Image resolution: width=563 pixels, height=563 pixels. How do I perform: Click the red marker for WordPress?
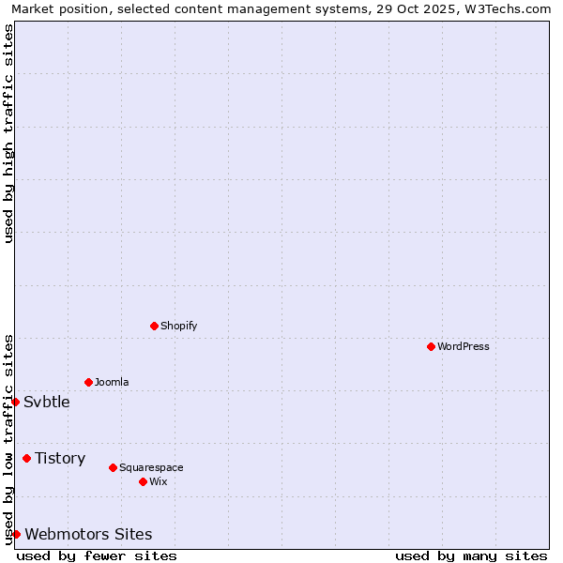point(431,346)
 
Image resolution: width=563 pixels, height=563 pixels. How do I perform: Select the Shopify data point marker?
point(154,326)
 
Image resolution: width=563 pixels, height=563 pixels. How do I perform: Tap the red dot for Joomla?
point(88,382)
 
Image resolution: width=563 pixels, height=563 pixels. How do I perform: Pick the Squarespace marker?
point(113,467)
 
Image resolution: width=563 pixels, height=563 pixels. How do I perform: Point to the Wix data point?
point(143,481)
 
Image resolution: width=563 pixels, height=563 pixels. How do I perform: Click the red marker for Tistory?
point(26,458)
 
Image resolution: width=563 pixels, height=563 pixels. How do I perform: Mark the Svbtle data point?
point(15,402)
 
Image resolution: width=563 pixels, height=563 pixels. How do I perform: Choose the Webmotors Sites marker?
point(16,534)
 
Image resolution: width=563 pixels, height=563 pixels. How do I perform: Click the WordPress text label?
point(464,346)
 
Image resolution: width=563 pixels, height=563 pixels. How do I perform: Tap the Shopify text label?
point(178,326)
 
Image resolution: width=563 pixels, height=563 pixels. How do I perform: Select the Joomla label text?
point(112,382)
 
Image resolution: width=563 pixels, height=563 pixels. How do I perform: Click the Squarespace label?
point(151,467)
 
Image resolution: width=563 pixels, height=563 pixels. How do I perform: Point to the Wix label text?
point(159,481)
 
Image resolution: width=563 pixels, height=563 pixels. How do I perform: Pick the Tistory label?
point(60,458)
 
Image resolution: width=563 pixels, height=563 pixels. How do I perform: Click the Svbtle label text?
point(47,402)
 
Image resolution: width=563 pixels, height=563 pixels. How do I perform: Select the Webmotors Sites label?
point(88,534)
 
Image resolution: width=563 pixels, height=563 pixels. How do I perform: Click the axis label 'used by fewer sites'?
point(97,555)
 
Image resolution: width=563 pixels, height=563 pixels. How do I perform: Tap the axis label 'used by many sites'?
point(471,555)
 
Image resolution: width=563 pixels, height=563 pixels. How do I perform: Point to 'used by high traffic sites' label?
point(8,133)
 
